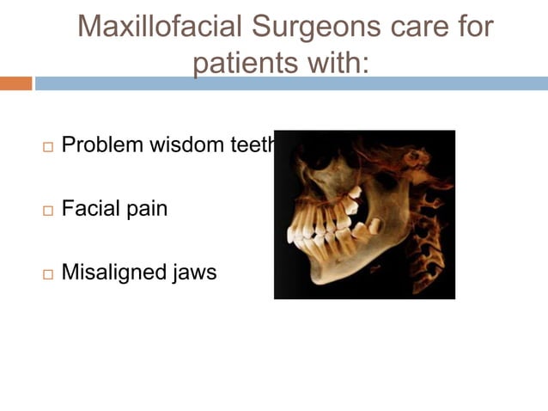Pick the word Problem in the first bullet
tap(103, 144)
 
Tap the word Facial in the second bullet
tap(90, 208)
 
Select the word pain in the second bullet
tap(146, 209)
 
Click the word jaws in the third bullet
tap(197, 273)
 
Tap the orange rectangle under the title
tap(15, 83)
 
